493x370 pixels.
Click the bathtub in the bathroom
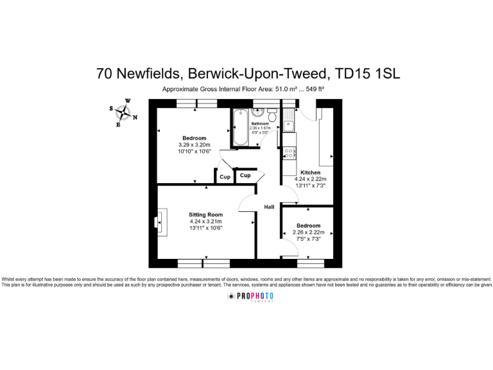pyautogui.click(x=240, y=128)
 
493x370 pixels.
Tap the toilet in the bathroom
pyautogui.click(x=272, y=116)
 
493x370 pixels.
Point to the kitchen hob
pyautogui.click(x=290, y=153)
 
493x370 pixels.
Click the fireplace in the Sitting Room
pyautogui.click(x=161, y=222)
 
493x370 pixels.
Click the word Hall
pyautogui.click(x=270, y=207)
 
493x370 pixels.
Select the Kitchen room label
pyautogui.click(x=311, y=173)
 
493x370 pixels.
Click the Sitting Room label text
pyautogui.click(x=205, y=215)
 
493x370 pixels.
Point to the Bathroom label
pyautogui.click(x=260, y=123)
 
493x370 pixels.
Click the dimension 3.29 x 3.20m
pyautogui.click(x=195, y=145)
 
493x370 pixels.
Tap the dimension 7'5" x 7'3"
pyautogui.click(x=309, y=239)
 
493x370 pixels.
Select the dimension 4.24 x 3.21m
pyautogui.click(x=205, y=222)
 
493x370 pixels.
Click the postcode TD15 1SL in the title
pyautogui.click(x=368, y=73)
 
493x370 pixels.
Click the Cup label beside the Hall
pyautogui.click(x=245, y=175)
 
